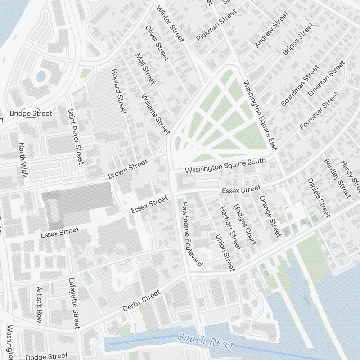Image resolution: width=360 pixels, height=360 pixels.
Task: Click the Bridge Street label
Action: (x=31, y=113)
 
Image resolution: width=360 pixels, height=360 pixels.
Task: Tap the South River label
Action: (x=206, y=340)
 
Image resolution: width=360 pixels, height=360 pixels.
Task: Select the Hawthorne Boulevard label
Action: (x=191, y=234)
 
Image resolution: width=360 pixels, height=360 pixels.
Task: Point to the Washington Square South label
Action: (x=225, y=165)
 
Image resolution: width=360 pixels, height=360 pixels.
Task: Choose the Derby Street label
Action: (x=141, y=301)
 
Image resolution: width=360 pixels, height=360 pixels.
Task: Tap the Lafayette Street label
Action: (x=74, y=303)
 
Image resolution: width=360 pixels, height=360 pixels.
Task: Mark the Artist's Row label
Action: (x=39, y=305)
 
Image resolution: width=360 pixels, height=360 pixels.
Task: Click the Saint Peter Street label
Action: (x=76, y=137)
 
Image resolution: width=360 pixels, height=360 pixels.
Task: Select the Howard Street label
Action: (x=118, y=91)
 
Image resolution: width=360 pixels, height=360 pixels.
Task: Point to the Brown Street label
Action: (x=128, y=169)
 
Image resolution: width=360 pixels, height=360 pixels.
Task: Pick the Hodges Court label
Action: (x=245, y=225)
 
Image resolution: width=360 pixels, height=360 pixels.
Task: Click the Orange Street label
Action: (x=270, y=216)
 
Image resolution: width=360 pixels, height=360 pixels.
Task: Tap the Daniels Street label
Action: (x=318, y=198)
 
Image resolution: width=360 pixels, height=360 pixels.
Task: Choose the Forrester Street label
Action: (x=319, y=111)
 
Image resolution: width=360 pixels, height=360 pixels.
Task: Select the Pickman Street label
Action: (x=216, y=25)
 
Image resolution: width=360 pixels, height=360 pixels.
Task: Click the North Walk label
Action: (x=23, y=160)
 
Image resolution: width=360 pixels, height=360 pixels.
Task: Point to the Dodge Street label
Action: (x=47, y=356)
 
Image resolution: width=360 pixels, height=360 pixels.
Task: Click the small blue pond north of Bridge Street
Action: (x=41, y=76)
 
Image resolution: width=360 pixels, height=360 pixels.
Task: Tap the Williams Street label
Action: (x=156, y=114)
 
